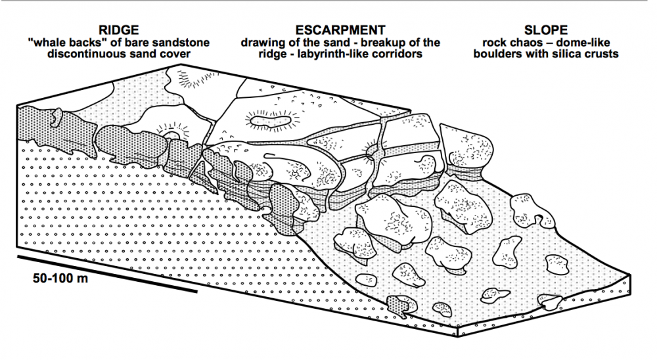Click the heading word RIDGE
(x=118, y=30)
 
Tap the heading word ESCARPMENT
(x=340, y=30)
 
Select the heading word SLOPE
(x=546, y=30)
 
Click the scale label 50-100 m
(x=60, y=279)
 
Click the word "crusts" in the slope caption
(x=602, y=54)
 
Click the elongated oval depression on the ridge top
(x=271, y=121)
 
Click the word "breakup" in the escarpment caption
(x=387, y=43)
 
